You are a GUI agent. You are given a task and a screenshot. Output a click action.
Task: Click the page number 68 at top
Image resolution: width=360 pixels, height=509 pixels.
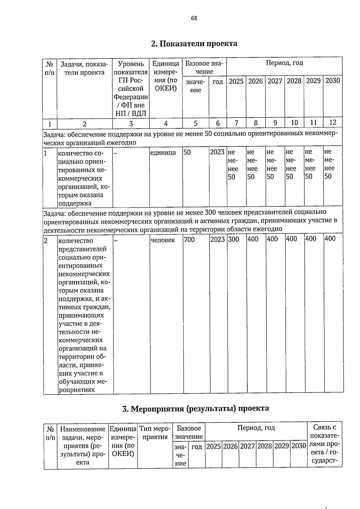[194, 18]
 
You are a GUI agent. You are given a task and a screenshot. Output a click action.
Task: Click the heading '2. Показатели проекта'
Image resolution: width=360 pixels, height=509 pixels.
[194, 44]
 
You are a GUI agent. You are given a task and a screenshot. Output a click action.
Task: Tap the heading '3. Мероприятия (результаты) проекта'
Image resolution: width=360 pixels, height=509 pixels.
[196, 409]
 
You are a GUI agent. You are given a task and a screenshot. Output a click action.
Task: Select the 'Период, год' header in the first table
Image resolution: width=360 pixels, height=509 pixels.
[284, 63]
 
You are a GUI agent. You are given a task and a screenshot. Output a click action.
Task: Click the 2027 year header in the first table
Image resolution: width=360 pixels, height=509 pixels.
[275, 81]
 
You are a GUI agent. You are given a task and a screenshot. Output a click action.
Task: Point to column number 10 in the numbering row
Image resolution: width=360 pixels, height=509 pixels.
[294, 123]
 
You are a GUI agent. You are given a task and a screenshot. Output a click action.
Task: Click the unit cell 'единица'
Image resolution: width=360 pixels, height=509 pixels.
[163, 153]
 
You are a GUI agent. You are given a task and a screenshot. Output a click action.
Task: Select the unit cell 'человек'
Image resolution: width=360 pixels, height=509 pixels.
[163, 240]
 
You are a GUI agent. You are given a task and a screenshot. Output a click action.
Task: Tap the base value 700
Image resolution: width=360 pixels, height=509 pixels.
[189, 240]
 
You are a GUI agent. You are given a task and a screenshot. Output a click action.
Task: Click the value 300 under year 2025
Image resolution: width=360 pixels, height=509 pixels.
[233, 239]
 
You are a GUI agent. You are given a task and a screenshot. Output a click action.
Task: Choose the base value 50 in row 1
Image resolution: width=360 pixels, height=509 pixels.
[187, 152]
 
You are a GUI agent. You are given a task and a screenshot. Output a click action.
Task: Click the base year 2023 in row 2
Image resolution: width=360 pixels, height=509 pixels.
[217, 239]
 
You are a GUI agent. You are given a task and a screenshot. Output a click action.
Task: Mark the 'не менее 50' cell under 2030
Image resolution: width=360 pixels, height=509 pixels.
[329, 164]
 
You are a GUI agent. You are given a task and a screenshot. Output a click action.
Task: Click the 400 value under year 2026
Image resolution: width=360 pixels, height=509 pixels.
[253, 239]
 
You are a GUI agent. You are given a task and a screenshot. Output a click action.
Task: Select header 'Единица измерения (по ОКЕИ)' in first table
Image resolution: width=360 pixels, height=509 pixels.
[166, 76]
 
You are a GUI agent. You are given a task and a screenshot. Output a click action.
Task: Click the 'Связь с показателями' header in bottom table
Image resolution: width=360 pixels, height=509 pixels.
[325, 444]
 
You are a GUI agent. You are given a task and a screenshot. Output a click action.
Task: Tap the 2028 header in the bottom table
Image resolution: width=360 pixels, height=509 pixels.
[265, 446]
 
